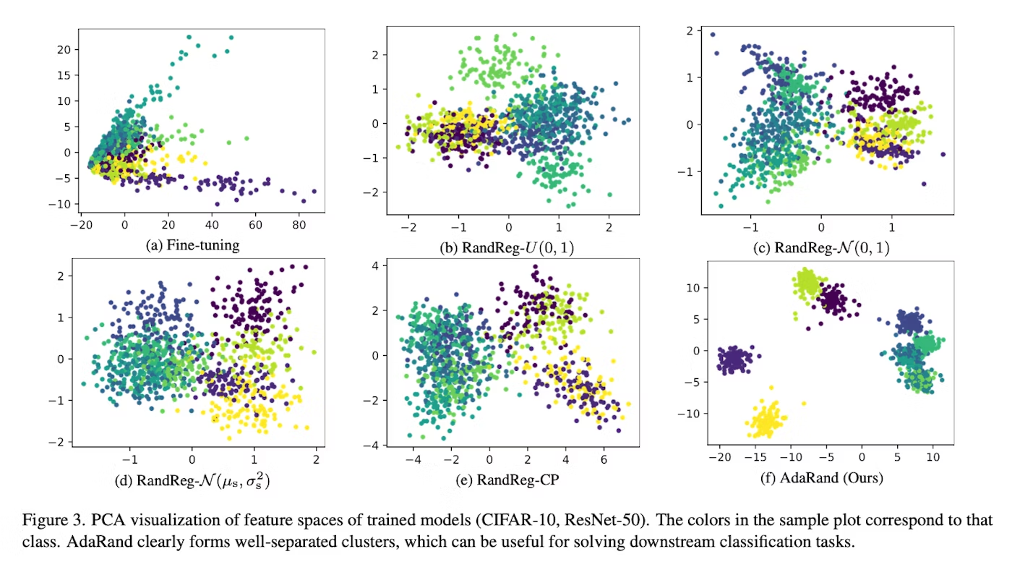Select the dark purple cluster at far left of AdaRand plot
[x=734, y=359]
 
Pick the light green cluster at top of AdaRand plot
[x=807, y=283]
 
